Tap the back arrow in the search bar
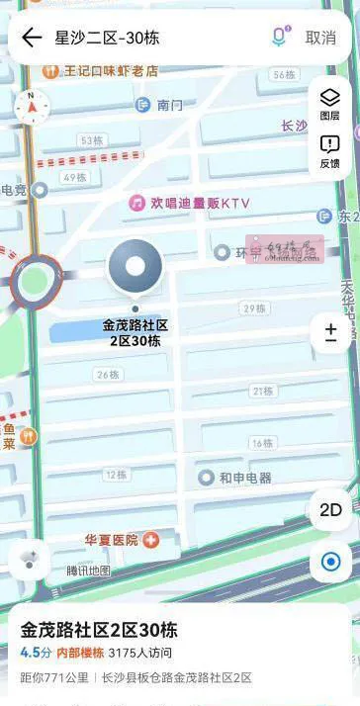pyautogui.click(x=32, y=38)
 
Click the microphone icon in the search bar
pyautogui.click(x=280, y=38)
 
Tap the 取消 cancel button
pyautogui.click(x=320, y=38)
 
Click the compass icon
pyautogui.click(x=31, y=106)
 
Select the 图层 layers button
pyautogui.click(x=329, y=103)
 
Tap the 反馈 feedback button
pyautogui.click(x=329, y=150)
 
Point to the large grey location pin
pyautogui.click(x=135, y=268)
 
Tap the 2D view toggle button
pyautogui.click(x=329, y=510)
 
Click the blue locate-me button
pyautogui.click(x=329, y=562)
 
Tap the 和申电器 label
pyautogui.click(x=237, y=478)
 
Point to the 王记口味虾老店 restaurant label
pyautogui.click(x=104, y=71)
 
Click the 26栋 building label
pyautogui.click(x=109, y=374)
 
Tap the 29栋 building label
pyautogui.click(x=255, y=309)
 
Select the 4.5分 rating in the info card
pyautogui.click(x=36, y=653)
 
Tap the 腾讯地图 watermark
pyautogui.click(x=89, y=571)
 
